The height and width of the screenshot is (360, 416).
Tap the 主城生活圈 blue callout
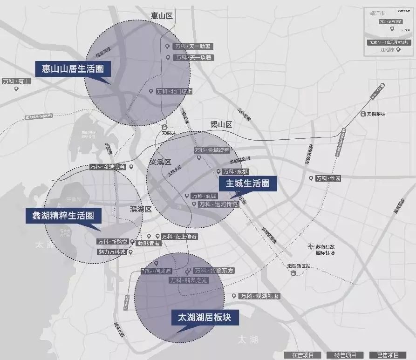coord(247,183)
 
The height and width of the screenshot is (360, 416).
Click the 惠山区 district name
coord(162,16)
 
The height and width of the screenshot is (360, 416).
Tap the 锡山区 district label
coord(221,125)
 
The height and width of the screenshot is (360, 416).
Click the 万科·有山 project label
coord(16,81)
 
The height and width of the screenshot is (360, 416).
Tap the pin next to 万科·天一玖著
coord(168,57)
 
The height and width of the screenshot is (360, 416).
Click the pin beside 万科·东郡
coord(218,172)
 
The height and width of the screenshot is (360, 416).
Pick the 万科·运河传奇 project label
coord(218,204)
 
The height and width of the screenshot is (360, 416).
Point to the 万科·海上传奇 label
coord(179,237)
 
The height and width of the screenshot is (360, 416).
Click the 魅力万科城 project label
coord(112,252)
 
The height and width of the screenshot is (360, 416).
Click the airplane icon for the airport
coord(311,246)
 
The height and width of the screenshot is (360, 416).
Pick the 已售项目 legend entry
coord(388,355)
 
